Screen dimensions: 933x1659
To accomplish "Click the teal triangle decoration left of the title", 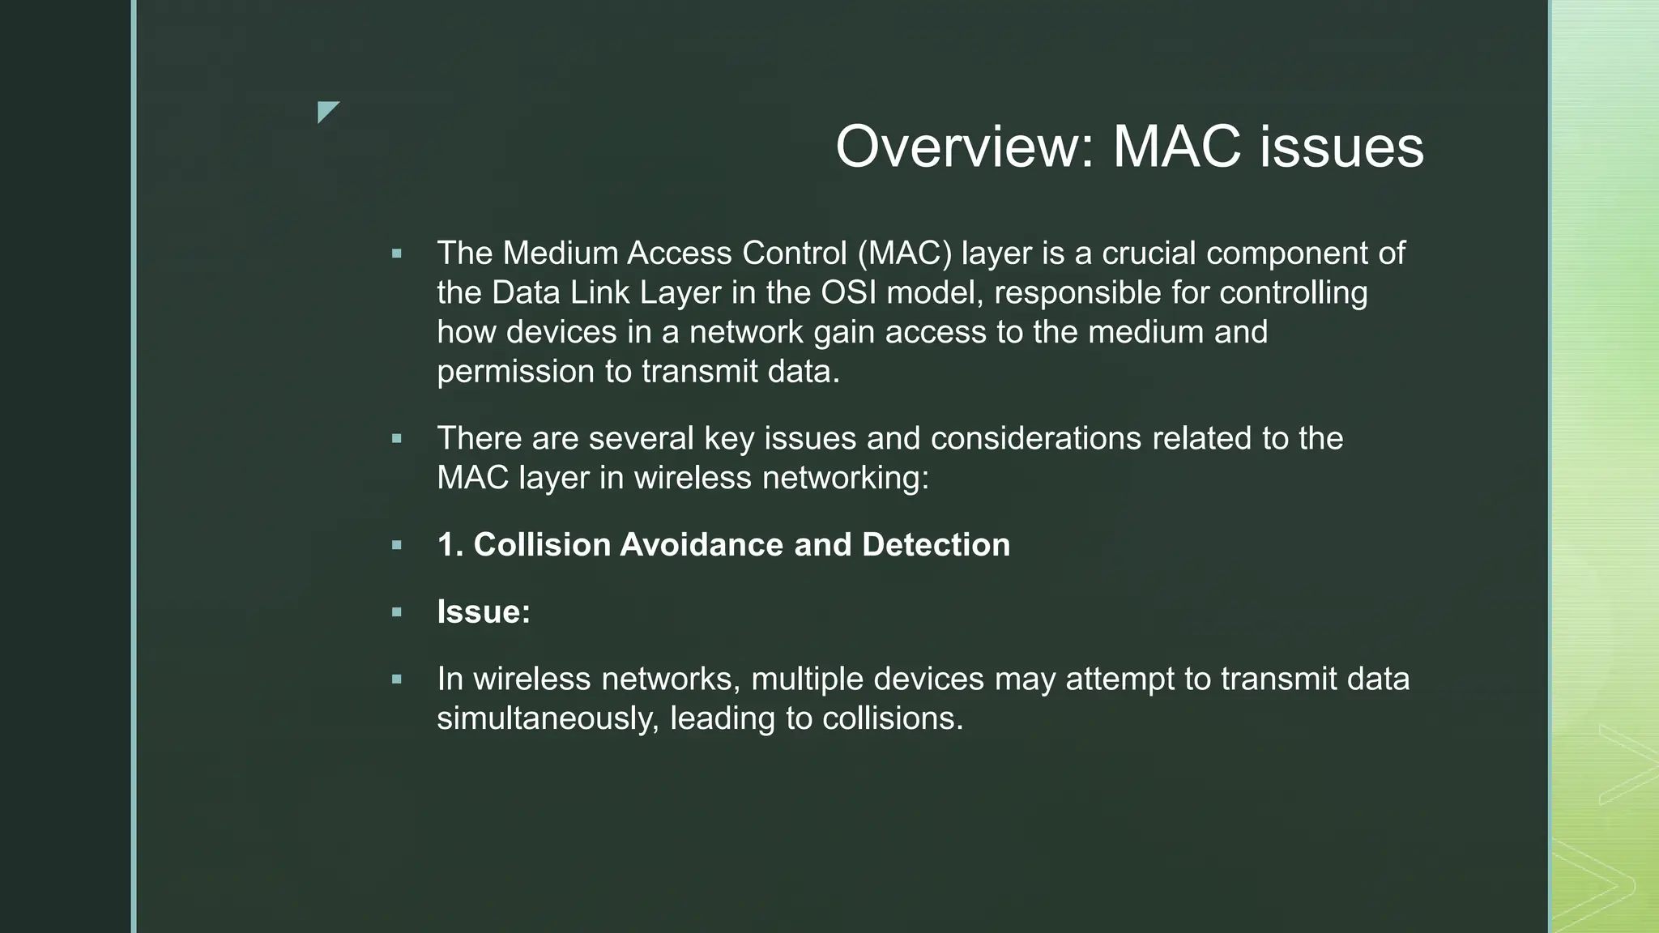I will (326, 111).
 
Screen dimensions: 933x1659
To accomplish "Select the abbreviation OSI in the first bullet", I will (848, 292).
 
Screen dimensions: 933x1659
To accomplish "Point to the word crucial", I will (1149, 253).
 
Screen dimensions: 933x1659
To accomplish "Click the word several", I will (641, 438).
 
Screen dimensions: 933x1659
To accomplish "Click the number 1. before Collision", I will (450, 544).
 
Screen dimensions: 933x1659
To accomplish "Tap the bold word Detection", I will (936, 544).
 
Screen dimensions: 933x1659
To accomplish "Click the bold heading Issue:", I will (484, 611).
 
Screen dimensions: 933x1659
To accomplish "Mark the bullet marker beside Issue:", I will (396, 612).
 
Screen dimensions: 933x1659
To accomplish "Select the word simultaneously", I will (548, 718).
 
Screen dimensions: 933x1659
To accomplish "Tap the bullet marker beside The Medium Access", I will (396, 254).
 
